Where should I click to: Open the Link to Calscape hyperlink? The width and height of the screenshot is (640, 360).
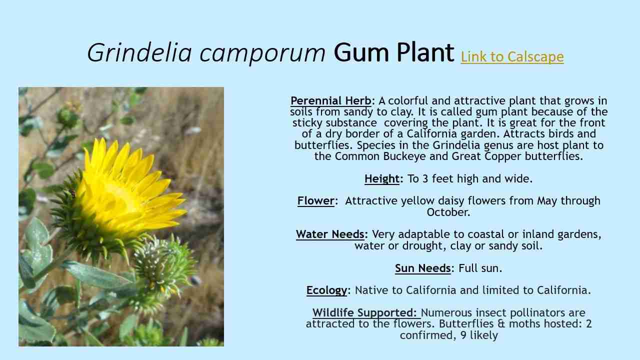[512, 56]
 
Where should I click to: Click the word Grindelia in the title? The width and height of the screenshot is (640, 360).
[139, 52]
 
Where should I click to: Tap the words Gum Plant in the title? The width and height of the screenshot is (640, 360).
[394, 52]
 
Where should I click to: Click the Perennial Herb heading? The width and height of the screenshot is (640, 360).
[331, 100]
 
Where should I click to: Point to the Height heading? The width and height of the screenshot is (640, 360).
[381, 178]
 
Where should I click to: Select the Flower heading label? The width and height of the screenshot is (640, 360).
[315, 200]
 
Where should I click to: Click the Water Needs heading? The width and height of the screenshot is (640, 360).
[330, 234]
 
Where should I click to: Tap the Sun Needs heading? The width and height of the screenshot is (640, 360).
[422, 268]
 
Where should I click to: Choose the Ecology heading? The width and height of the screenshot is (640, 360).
[326, 290]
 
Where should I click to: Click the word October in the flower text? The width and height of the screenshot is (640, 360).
[447, 212]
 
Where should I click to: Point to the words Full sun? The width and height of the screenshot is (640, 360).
[479, 268]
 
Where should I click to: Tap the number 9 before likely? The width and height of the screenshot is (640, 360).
[463, 335]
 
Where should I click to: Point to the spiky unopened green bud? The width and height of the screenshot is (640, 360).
[160, 265]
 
